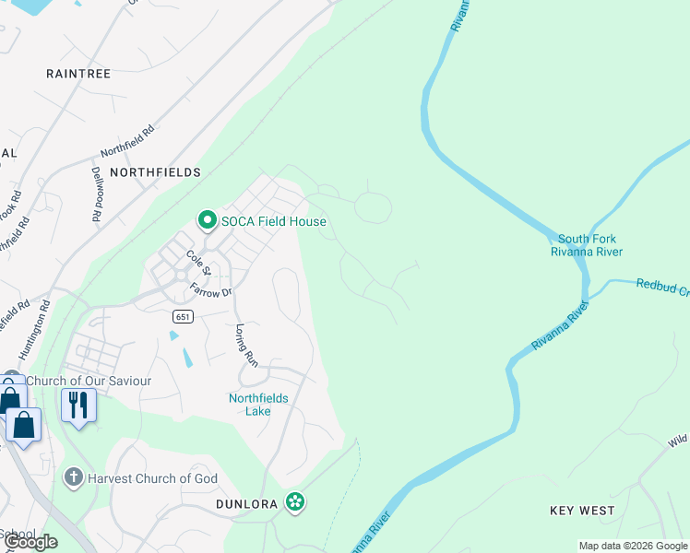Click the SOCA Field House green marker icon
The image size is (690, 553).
click(x=207, y=220)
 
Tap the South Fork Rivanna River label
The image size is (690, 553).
click(x=586, y=245)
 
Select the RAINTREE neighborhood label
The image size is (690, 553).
click(x=78, y=74)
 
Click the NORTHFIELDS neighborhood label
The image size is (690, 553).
click(x=155, y=172)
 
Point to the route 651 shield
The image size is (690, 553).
click(x=181, y=316)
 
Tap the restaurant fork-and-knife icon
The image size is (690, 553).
click(x=78, y=405)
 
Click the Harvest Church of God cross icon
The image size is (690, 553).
click(x=74, y=478)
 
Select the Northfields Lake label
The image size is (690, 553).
click(x=258, y=405)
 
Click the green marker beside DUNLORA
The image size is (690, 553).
click(x=295, y=502)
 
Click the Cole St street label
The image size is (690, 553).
click(x=198, y=263)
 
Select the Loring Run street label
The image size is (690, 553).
click(x=244, y=346)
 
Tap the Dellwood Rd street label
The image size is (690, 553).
click(x=96, y=194)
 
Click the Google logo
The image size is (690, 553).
click(x=31, y=542)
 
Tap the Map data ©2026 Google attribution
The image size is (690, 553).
click(x=632, y=546)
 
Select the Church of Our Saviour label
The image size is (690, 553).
click(x=89, y=381)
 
